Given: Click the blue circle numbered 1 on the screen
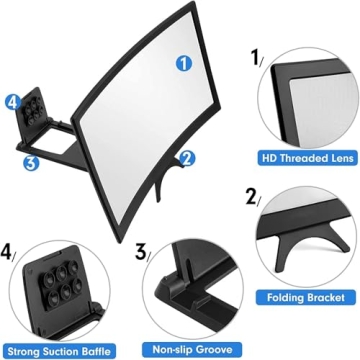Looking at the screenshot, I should (183, 63).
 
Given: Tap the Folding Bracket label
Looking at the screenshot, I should (309, 297).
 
